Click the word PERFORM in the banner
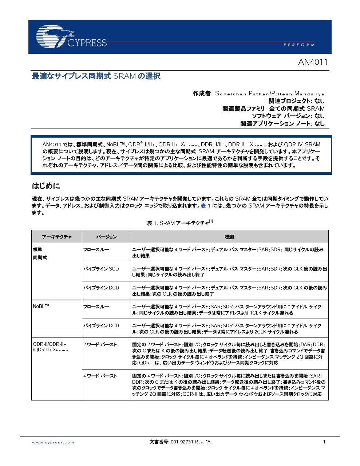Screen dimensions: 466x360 pos(299,45)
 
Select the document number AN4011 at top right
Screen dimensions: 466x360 pos(313,62)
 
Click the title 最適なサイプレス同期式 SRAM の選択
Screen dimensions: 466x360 pos(96,76)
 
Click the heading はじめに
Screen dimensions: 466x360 pos(46,186)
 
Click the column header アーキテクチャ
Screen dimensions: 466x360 pos(57,237)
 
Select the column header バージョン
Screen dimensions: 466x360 pos(106,237)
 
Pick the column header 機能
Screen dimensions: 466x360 pos(230,237)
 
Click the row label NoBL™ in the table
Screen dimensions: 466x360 pos(41,306)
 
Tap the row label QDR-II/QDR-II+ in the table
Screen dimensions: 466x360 pos(50,344)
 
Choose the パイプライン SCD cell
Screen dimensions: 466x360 pos(101,269)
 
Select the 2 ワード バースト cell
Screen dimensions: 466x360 pos(100,344)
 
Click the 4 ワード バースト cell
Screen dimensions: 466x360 pos(100,376)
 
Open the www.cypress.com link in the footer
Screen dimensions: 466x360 pos(53,442)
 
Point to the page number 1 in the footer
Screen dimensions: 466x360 pos(324,442)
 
